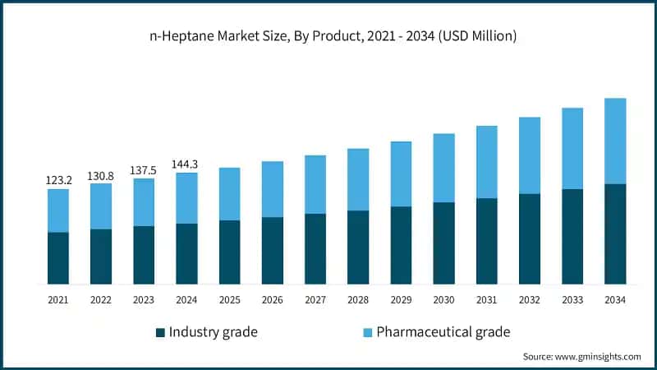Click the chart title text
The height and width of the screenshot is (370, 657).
(x=328, y=36)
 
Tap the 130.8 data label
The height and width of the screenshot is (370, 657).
(x=100, y=174)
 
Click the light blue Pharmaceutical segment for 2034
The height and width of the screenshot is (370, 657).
(x=615, y=141)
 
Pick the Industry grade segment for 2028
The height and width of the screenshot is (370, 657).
(x=358, y=247)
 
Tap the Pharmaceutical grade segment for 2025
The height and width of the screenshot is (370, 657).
(x=229, y=194)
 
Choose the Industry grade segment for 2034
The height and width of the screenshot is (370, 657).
(x=615, y=234)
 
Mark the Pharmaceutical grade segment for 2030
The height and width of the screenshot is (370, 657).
(x=443, y=168)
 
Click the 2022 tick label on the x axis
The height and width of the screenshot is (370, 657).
(x=100, y=301)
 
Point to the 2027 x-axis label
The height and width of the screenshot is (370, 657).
(x=315, y=301)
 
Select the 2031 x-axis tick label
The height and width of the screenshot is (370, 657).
(x=487, y=301)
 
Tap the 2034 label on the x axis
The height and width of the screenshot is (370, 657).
(x=615, y=301)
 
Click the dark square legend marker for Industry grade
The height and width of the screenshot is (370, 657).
(x=160, y=333)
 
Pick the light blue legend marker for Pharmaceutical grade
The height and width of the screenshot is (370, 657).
(x=368, y=333)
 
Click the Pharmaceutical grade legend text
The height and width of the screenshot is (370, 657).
(x=443, y=332)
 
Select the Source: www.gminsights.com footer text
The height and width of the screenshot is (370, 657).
(x=581, y=357)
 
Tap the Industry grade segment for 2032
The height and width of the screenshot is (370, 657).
(x=530, y=239)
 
